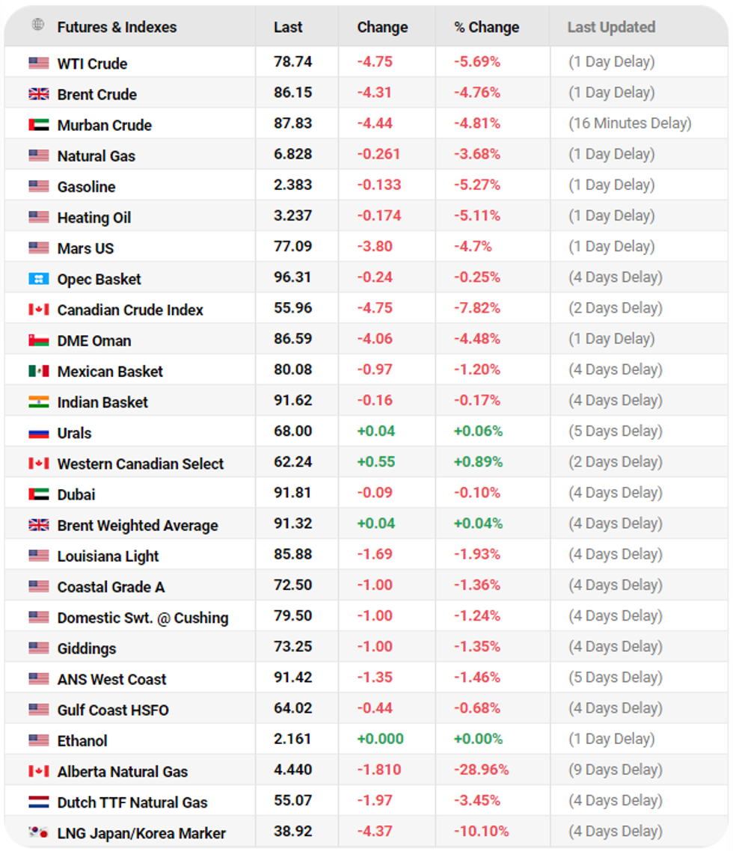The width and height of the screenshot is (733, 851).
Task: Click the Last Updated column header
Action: (x=611, y=28)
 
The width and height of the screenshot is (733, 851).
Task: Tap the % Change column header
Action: (x=486, y=28)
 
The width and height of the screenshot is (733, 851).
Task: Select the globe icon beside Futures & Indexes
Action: (x=38, y=25)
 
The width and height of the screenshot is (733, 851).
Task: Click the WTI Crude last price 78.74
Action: (x=292, y=62)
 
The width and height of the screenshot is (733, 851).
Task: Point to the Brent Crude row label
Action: (x=96, y=94)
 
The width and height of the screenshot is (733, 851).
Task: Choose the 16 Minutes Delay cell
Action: (x=630, y=123)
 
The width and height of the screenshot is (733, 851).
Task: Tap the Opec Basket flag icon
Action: (x=39, y=279)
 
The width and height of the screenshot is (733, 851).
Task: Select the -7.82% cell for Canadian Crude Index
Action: (x=477, y=308)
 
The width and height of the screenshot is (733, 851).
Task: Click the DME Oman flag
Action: (x=39, y=340)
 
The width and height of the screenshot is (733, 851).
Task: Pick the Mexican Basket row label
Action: (x=110, y=372)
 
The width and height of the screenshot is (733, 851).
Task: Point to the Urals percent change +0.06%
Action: (x=478, y=431)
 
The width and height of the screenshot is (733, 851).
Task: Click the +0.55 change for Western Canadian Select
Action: (x=375, y=462)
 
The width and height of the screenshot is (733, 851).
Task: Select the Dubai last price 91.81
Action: (x=292, y=493)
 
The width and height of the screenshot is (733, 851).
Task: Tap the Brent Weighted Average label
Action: (x=138, y=526)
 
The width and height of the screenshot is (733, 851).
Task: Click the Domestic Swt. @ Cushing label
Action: (x=143, y=618)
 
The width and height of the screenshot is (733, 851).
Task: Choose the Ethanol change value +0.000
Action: (x=380, y=739)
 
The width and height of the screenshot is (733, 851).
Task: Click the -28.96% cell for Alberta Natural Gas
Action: (x=481, y=769)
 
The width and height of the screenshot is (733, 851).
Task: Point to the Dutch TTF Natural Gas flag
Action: (x=39, y=802)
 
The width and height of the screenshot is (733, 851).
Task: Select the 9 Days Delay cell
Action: (x=615, y=769)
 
